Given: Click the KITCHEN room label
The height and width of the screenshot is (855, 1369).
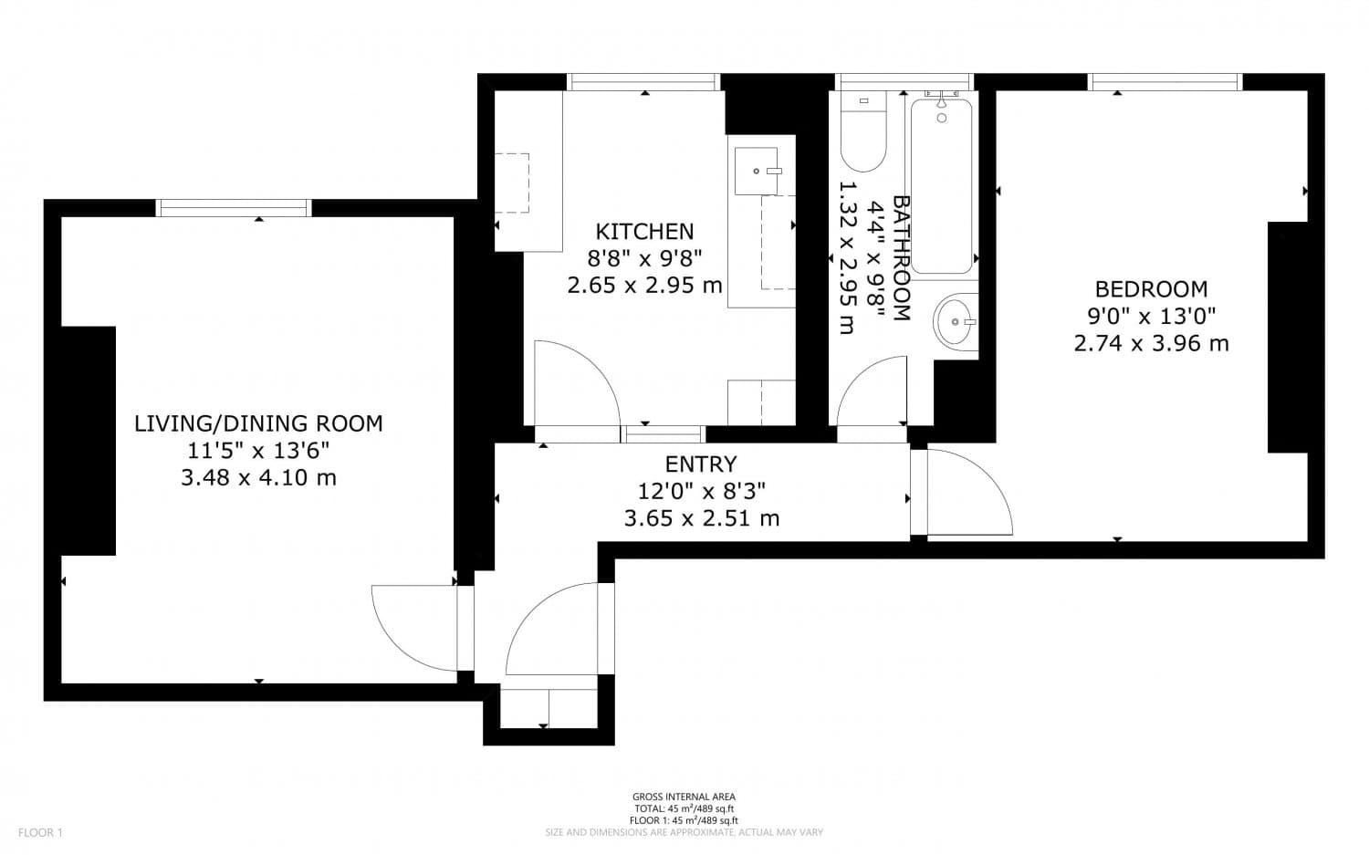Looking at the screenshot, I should click(644, 232).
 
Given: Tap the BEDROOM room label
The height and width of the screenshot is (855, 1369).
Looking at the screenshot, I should click(1151, 289).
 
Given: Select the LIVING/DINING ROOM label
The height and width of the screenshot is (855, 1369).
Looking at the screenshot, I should click(258, 423).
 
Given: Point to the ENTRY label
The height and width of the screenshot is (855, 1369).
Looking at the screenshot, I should click(700, 464).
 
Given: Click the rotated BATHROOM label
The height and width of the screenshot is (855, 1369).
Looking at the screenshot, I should click(901, 258).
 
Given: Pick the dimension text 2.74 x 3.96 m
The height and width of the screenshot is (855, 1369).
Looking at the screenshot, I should click(1151, 344).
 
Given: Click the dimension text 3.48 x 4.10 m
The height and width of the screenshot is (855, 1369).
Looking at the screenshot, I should click(258, 477).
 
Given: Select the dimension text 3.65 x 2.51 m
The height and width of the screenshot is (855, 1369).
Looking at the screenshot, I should click(700, 519).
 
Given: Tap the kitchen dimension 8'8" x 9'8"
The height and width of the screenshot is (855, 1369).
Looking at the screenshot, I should click(644, 258).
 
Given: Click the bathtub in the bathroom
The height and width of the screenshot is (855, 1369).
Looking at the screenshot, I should click(941, 187).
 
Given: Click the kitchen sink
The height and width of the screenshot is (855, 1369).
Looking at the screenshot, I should click(756, 171).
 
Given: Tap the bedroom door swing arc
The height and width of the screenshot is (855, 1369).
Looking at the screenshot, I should click(977, 488).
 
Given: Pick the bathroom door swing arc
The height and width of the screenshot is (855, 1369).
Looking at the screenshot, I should click(867, 388).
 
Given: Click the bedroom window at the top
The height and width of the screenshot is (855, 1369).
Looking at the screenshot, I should click(1165, 82).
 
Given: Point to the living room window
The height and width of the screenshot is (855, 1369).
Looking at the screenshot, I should click(234, 208).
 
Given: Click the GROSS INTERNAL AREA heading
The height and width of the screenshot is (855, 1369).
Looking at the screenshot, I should click(684, 797).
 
